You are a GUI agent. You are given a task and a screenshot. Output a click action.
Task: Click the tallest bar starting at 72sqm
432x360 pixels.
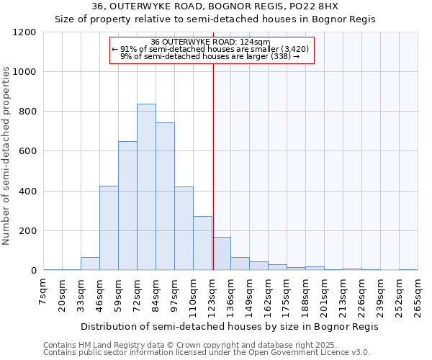pyautogui.click(x=146, y=187)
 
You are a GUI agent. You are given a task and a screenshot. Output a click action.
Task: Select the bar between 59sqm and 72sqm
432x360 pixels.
pyautogui.click(x=127, y=206)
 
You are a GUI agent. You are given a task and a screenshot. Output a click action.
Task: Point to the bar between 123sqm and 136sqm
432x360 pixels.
pyautogui.click(x=221, y=254)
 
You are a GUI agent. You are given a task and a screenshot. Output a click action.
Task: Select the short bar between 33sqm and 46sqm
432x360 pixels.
pyautogui.click(x=90, y=264)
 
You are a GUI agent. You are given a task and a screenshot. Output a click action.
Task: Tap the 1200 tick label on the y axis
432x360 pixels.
pyautogui.click(x=24, y=32)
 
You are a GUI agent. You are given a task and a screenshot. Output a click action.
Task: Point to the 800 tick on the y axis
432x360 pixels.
pyautogui.click(x=27, y=112)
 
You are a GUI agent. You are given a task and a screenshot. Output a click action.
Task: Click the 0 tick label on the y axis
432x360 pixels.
pyautogui.click(x=33, y=271)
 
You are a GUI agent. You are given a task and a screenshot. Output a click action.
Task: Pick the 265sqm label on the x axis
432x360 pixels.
pyautogui.click(x=418, y=297)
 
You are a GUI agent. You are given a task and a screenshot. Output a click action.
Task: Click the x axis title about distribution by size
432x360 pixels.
pyautogui.click(x=229, y=326)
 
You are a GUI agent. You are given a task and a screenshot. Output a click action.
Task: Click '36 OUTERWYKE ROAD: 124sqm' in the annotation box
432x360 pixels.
pyautogui.click(x=212, y=42)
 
